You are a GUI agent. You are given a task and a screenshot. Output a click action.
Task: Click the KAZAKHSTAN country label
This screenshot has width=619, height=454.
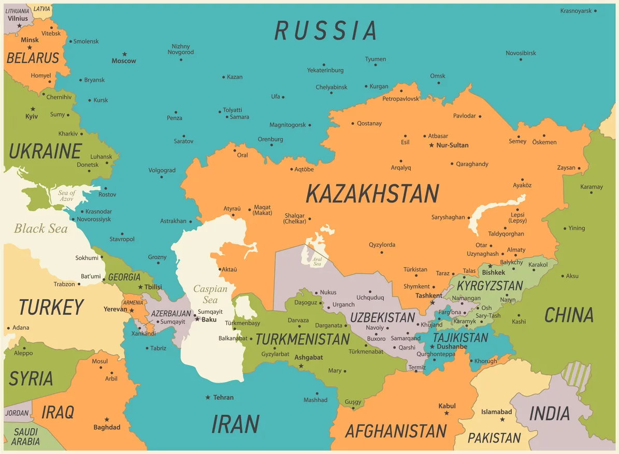(x=372, y=194)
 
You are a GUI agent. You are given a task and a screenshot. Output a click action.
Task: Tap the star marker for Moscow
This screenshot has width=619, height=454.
(x=124, y=54)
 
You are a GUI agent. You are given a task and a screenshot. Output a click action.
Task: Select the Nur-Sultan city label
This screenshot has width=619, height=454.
(x=452, y=145)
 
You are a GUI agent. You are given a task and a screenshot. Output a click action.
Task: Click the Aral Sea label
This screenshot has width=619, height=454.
(x=317, y=261)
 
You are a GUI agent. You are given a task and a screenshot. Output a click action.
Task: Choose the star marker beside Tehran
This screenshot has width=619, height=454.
(x=208, y=398)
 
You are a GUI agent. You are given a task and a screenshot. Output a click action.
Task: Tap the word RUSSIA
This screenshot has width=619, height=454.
(x=325, y=31)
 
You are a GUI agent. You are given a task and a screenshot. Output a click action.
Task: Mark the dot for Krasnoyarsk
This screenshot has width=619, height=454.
(x=595, y=11)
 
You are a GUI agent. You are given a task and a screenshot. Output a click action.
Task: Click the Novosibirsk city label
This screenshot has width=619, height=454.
(x=521, y=53)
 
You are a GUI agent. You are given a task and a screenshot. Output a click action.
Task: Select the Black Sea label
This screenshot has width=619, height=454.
(x=40, y=228)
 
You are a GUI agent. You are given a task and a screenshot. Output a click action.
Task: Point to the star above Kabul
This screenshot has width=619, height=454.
(x=447, y=413)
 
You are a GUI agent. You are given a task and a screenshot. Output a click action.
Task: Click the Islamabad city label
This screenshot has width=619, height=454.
(x=496, y=412)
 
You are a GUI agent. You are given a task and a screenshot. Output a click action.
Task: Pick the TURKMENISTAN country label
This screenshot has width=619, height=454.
(x=303, y=340)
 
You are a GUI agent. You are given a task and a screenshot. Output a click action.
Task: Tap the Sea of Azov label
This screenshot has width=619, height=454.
(x=66, y=196)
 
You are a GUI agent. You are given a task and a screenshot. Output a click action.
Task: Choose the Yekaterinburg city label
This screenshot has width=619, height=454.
(x=325, y=70)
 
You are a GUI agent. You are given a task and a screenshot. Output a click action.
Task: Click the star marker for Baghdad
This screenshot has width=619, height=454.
(x=107, y=419)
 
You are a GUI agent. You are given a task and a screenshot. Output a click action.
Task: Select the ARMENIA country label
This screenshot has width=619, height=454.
(x=133, y=303)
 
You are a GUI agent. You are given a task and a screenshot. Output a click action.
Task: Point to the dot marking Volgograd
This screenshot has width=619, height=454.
(x=162, y=177)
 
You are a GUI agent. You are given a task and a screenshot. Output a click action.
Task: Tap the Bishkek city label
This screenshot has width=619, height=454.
(x=493, y=272)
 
